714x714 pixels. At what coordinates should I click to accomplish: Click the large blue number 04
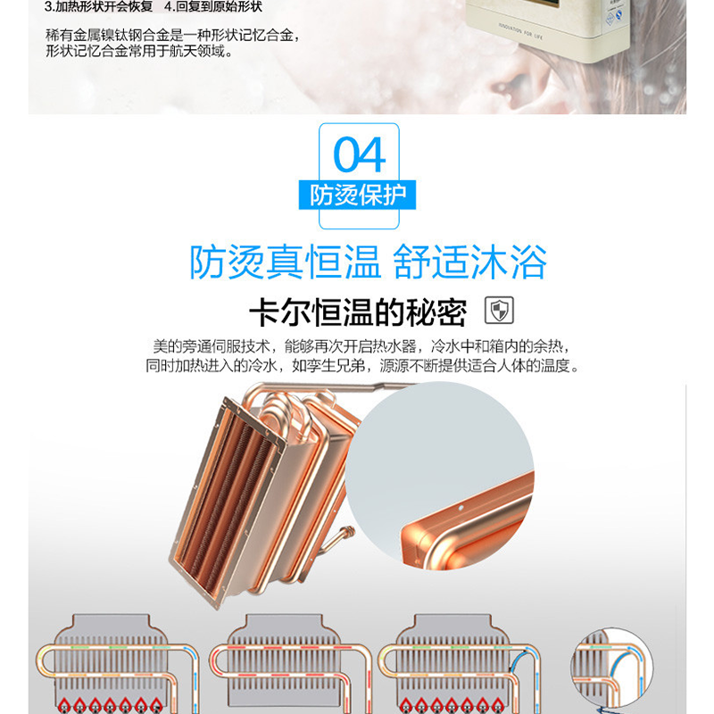coord(360,154)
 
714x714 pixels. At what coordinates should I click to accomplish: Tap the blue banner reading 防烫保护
coord(358,195)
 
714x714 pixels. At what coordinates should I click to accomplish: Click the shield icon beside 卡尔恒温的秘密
coord(499,310)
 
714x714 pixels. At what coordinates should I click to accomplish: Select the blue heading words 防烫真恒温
coord(285,262)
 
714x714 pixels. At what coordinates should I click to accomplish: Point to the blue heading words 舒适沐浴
coord(469,262)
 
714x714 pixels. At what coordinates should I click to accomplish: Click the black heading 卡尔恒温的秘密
coord(358,312)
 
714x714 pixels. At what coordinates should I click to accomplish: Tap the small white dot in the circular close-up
coord(461,507)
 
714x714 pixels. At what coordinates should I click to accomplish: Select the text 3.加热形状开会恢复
coord(98,7)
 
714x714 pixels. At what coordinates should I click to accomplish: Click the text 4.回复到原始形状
coord(213,7)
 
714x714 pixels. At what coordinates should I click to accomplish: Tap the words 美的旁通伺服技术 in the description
coord(212,346)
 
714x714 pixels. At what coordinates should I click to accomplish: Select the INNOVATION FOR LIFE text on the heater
coord(520,31)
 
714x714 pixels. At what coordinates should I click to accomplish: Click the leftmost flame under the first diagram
coord(64,705)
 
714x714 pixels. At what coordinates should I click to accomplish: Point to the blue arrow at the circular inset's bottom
coord(605,710)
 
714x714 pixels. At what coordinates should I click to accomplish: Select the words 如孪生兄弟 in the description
coord(328,365)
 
